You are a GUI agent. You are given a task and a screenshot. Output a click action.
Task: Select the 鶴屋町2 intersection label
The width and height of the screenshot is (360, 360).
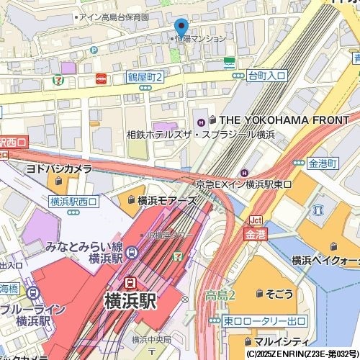pyautogui.click(x=145, y=76)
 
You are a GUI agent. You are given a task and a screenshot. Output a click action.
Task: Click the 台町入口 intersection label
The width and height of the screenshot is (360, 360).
pyautogui.click(x=266, y=75)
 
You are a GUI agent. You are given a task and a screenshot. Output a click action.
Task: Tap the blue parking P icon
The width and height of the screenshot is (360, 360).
pyautogui.click(x=94, y=50)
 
